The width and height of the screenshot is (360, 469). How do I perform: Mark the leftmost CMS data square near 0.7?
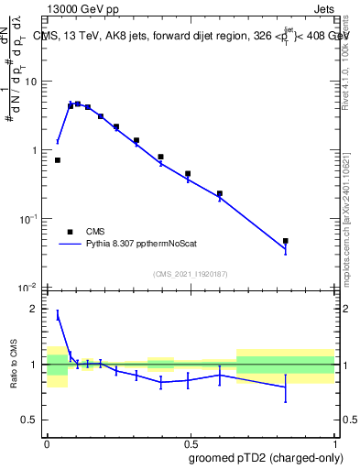click(x=58, y=160)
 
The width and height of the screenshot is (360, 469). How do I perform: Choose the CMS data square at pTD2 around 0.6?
click(x=220, y=193)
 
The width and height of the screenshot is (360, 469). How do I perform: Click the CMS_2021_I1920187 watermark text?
click(x=191, y=274)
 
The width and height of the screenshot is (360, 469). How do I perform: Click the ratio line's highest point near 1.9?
click(x=58, y=314)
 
